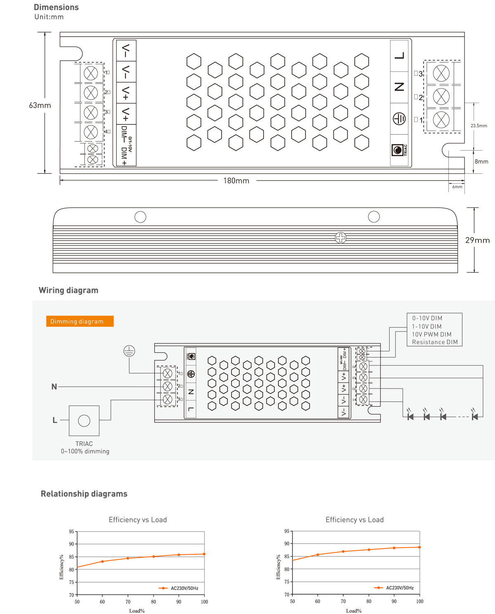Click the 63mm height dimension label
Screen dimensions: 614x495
[40, 105]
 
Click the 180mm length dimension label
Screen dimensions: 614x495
[236, 180]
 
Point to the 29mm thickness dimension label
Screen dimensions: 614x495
[477, 240]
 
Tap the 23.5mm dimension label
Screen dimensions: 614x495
[478, 126]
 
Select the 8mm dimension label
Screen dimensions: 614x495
[481, 162]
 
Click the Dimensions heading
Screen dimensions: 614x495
[56, 7]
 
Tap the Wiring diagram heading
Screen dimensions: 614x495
[68, 290]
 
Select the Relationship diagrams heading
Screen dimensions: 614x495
[84, 494]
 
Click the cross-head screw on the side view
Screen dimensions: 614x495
[341, 238]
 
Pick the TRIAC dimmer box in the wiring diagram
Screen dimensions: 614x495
[84, 421]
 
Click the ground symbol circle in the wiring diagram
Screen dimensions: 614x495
[129, 351]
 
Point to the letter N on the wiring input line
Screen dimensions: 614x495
[54, 387]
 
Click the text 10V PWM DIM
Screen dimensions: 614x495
[431, 334]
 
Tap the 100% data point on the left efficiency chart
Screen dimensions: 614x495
[204, 554]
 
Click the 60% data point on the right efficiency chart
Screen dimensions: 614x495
[318, 555]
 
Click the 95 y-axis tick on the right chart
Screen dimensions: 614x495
[287, 531]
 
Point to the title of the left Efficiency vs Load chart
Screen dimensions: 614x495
[138, 520]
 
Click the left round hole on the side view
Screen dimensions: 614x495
[140, 217]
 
